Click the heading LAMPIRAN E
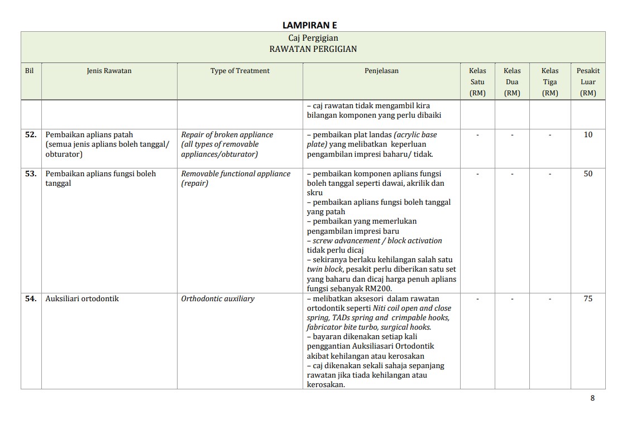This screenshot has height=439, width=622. pos(309,25)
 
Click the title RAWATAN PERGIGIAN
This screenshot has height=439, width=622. pos(313,49)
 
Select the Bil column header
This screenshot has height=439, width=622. pos(30,71)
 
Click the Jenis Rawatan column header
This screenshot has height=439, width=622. pos(109,71)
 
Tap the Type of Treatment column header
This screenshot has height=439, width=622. pos(240,71)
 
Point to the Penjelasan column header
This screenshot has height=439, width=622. pos(381,71)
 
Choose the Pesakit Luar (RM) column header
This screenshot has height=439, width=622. pos(588,81)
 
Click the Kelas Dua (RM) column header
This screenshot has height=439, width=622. pos(512,81)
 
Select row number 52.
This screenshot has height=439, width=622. pos(31,135)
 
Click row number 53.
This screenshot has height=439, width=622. pos(31,174)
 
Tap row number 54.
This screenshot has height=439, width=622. pos(31,299)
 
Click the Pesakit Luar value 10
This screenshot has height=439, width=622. pos(588,135)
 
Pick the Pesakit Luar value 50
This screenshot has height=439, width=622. pos(588,174)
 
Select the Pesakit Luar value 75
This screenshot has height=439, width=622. pos(588,299)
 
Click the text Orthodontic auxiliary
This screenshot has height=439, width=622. pos(217,299)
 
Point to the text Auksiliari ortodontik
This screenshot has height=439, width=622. pos(82,299)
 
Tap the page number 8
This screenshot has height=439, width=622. pos(592,398)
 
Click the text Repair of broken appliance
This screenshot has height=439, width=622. pos(227,135)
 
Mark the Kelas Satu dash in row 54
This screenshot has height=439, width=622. pos(477,299)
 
